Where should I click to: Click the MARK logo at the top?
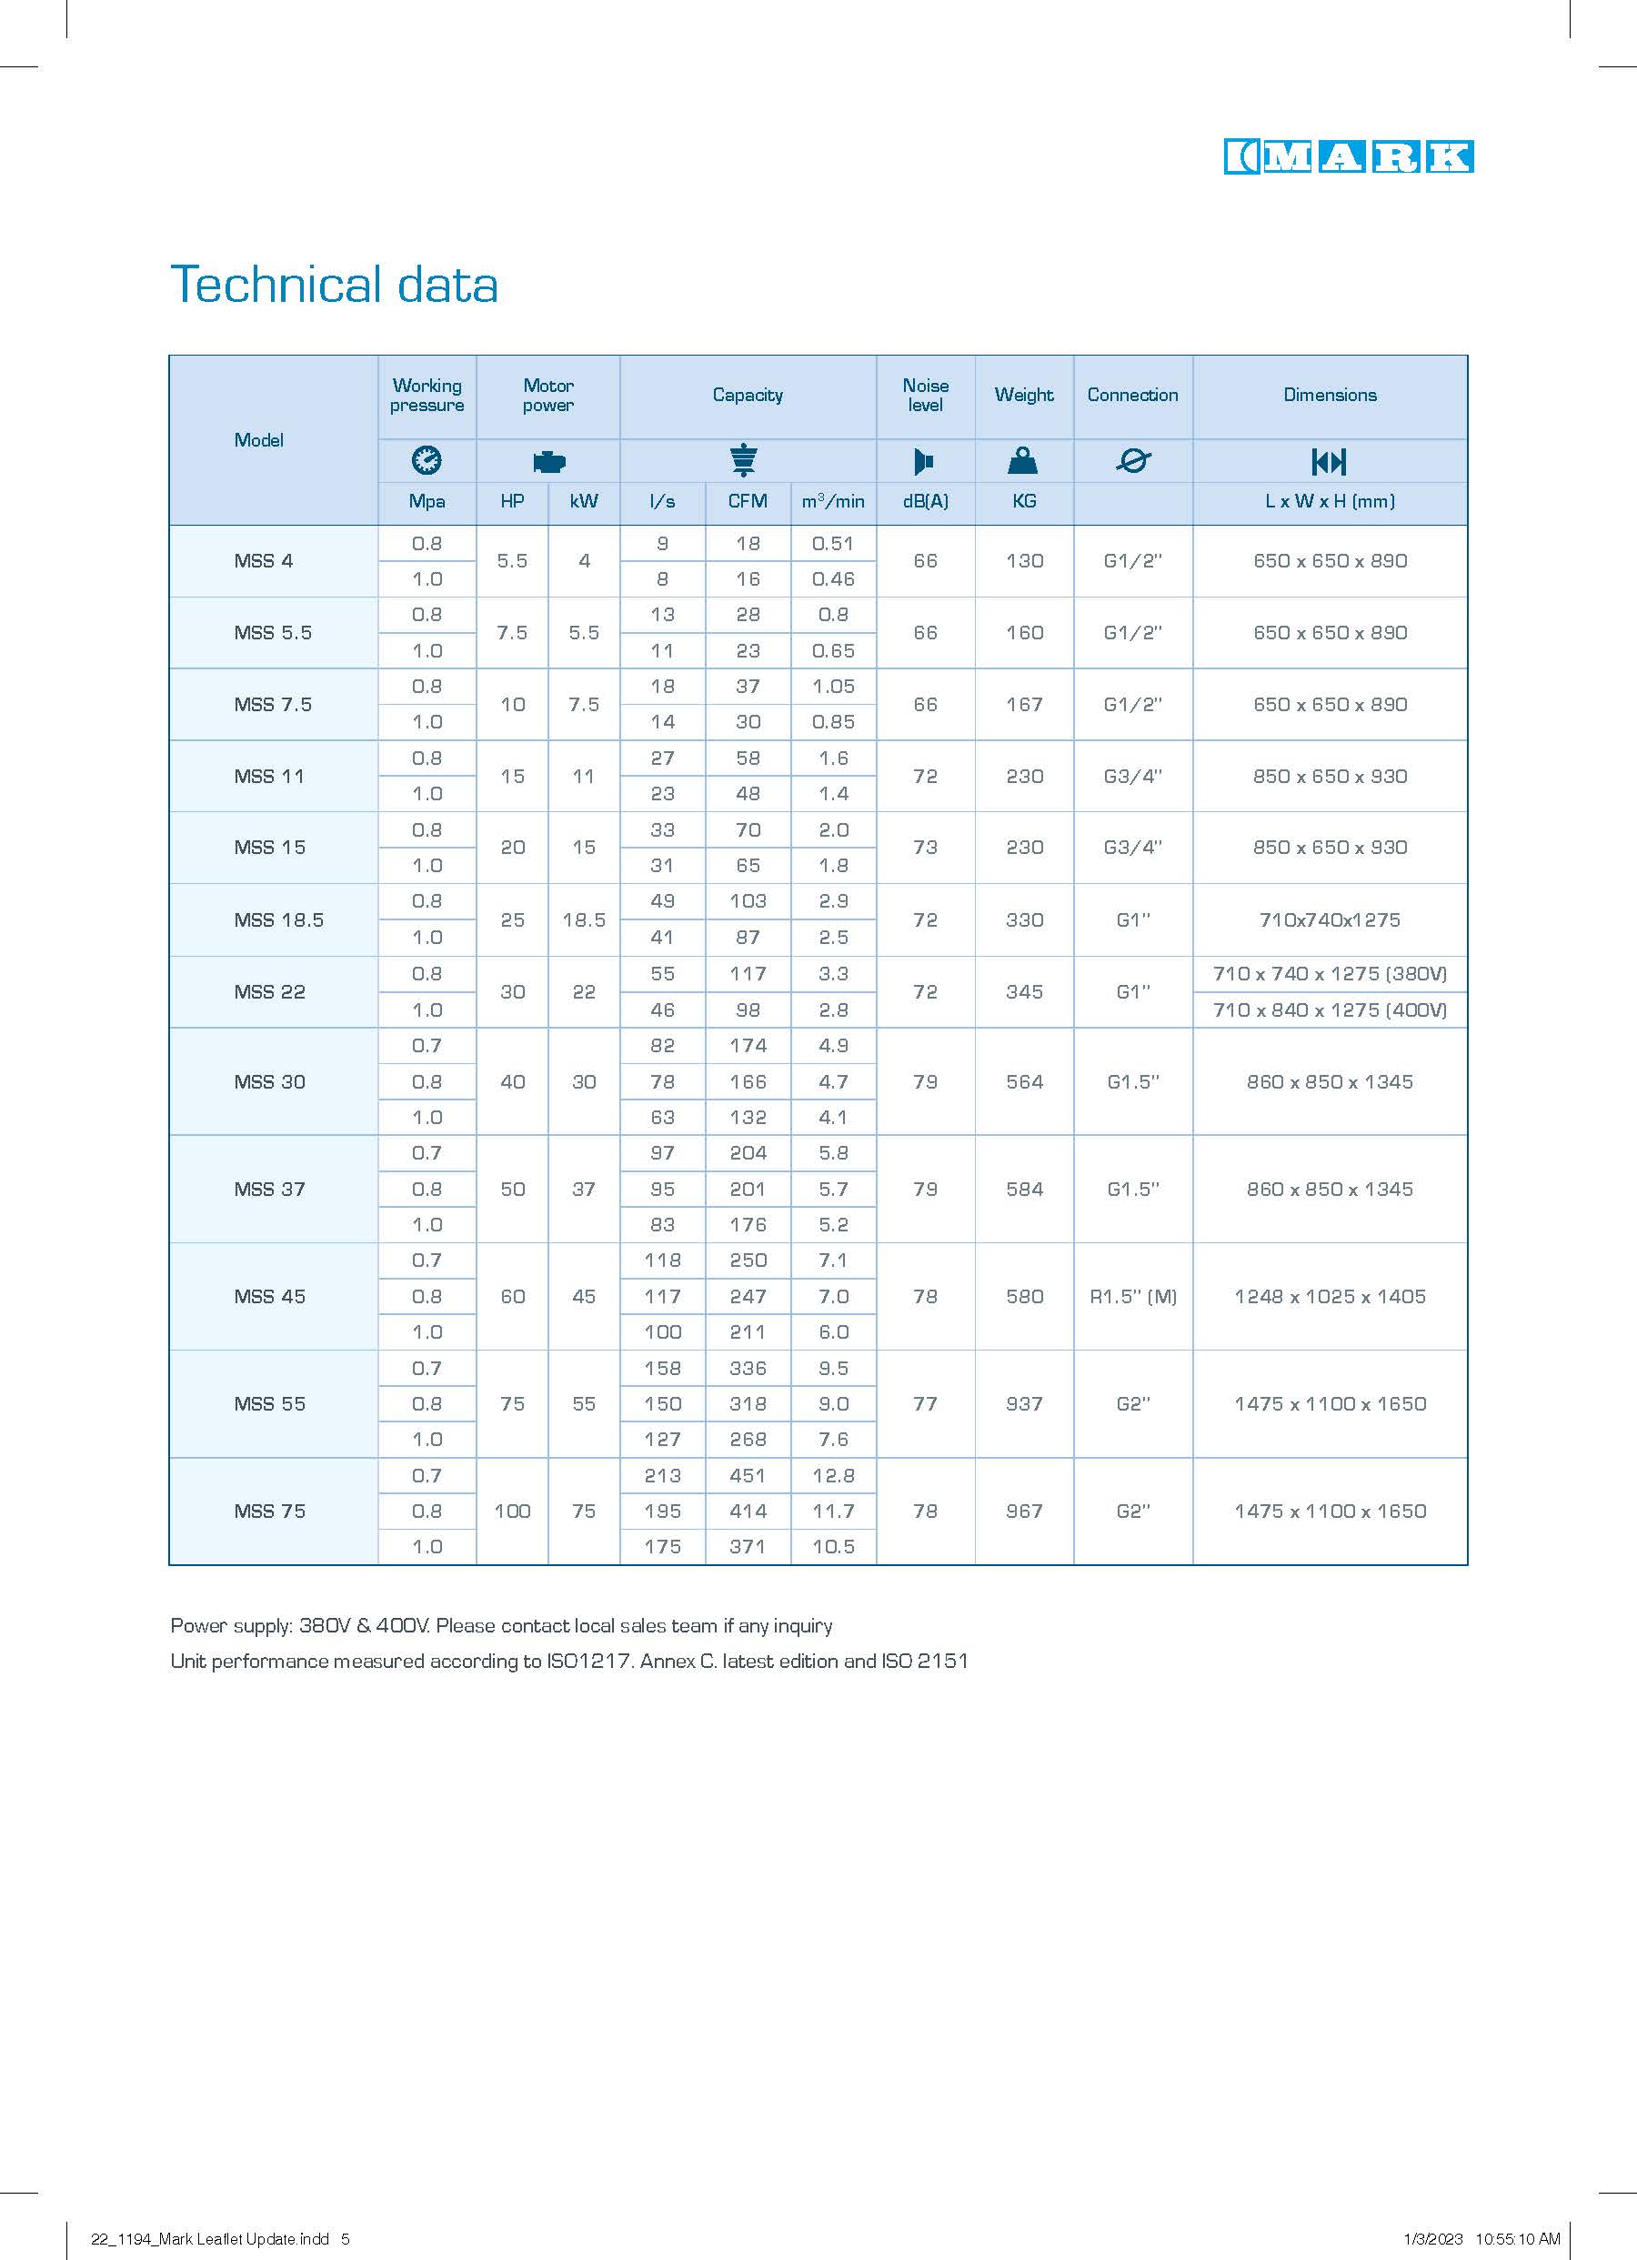pos(1348,157)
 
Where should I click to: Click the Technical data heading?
pos(334,285)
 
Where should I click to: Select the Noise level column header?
pos(925,396)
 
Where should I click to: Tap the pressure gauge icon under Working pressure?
pos(427,460)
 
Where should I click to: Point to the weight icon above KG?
pos(1023,460)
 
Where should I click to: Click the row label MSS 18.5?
pos(279,919)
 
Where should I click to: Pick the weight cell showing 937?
pos(1024,1404)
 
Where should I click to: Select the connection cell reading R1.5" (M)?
pos(1133,1296)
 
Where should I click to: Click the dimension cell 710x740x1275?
pos(1329,919)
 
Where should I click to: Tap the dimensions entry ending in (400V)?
pos(1329,1010)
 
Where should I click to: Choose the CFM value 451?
pos(748,1476)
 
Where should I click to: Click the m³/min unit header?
pos(833,501)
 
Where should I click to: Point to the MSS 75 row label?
pos(270,1512)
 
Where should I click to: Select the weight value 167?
pos(1024,705)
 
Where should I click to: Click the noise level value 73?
pos(925,847)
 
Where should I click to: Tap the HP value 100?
pos(512,1512)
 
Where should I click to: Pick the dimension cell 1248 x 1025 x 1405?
pos(1329,1296)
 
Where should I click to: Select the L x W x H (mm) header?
pos(1329,501)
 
